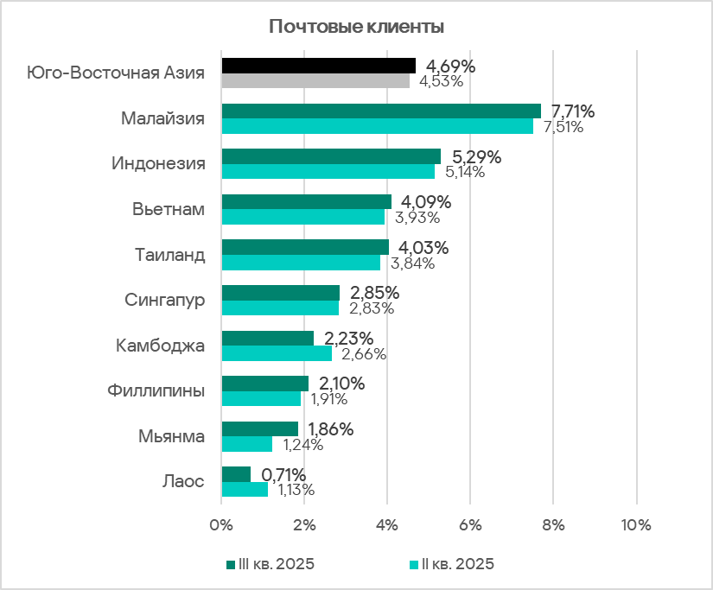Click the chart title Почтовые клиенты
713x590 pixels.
coord(356,27)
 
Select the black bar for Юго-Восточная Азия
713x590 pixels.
coord(318,66)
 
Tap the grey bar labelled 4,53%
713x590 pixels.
coord(315,81)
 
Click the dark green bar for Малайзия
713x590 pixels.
coord(381,111)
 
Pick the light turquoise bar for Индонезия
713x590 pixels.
coord(328,172)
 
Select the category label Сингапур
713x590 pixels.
coord(164,301)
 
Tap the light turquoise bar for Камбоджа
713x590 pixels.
coord(277,353)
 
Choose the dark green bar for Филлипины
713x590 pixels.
coord(264,384)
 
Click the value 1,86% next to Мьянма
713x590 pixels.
coord(331,429)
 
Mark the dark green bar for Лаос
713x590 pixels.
coord(236,474)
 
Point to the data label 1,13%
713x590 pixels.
coord(296,490)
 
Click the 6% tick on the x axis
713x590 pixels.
coord(470,524)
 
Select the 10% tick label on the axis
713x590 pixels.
coord(636,524)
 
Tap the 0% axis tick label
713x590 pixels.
coord(222,524)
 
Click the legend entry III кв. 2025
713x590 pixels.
coord(270,565)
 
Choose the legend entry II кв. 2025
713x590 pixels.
coord(451,565)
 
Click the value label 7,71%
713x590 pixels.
coord(573,111)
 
